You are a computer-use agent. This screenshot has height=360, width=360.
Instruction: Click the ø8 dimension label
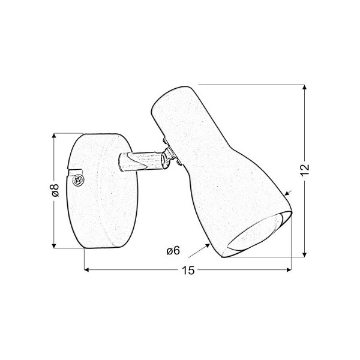[55, 191]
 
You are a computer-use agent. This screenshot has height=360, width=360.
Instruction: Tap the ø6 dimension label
[173, 250]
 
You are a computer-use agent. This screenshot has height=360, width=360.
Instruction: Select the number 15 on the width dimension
[188, 270]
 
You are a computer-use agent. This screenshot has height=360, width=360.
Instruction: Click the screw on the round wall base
[78, 180]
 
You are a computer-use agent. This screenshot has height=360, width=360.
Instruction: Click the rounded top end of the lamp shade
[173, 97]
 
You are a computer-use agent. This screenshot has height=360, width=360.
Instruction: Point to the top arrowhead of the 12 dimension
[304, 88]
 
